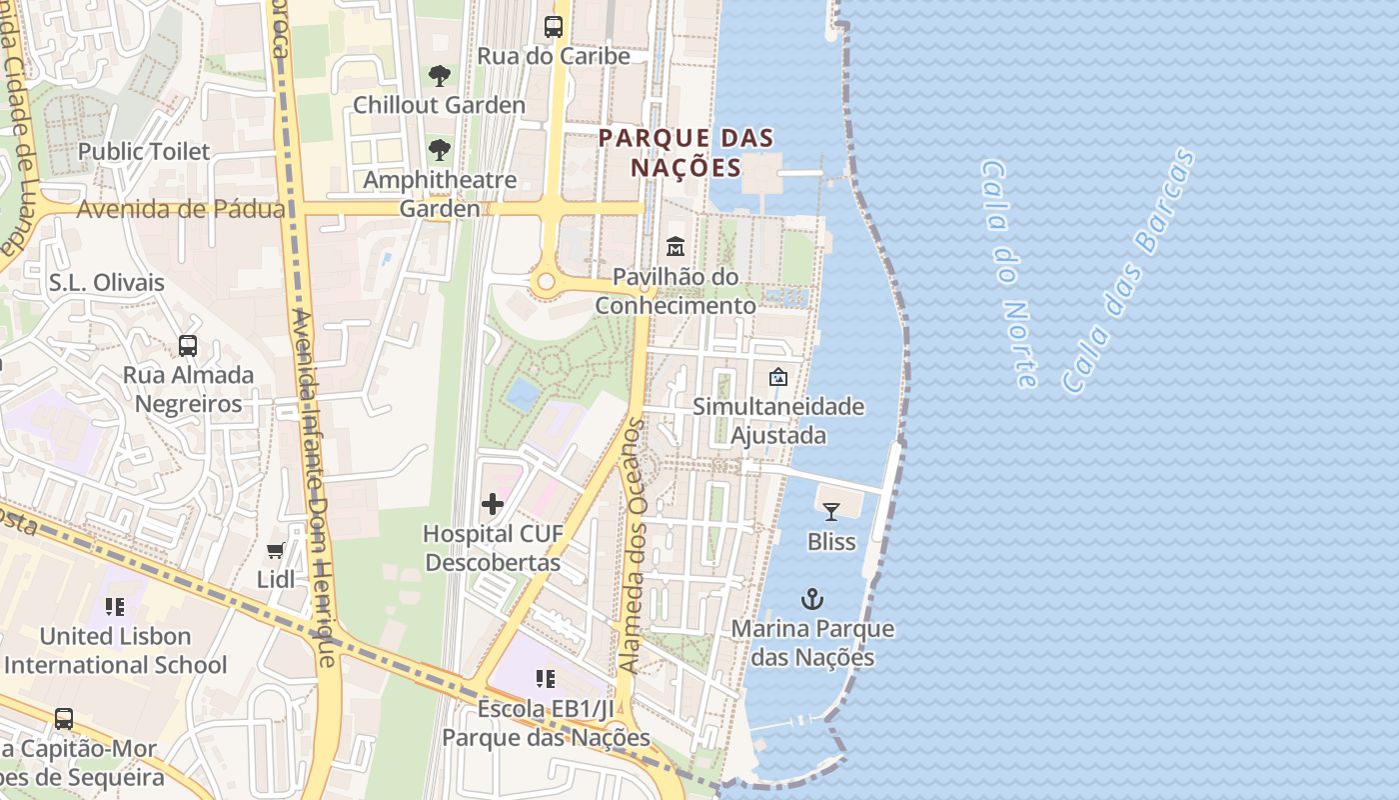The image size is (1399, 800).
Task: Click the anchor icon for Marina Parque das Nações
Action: click(x=813, y=600)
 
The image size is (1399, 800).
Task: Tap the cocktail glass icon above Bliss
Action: click(x=831, y=512)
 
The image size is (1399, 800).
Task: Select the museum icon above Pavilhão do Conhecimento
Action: click(x=676, y=246)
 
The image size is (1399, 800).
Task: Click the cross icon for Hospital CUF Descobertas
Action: click(x=493, y=505)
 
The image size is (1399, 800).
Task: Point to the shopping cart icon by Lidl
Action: click(x=276, y=550)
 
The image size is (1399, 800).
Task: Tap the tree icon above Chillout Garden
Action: click(x=439, y=75)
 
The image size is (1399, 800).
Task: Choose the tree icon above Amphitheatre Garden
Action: click(x=439, y=150)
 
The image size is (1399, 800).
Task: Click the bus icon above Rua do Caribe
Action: click(x=553, y=27)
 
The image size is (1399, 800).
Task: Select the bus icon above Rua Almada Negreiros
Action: click(x=188, y=346)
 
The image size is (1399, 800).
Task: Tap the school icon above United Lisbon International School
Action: click(x=115, y=606)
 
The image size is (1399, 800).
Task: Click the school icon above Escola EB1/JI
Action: click(x=546, y=679)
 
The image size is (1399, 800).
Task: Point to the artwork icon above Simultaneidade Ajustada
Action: click(x=777, y=377)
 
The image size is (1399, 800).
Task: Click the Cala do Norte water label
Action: click(x=1008, y=272)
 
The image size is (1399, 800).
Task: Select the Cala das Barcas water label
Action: click(x=1128, y=270)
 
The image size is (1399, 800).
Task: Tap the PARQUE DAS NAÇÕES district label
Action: click(x=687, y=152)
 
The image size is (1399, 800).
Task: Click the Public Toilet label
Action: click(x=144, y=152)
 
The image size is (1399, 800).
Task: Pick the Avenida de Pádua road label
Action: click(x=181, y=209)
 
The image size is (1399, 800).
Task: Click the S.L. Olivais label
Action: click(x=106, y=283)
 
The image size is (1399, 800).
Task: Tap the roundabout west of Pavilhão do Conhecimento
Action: click(x=545, y=282)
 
